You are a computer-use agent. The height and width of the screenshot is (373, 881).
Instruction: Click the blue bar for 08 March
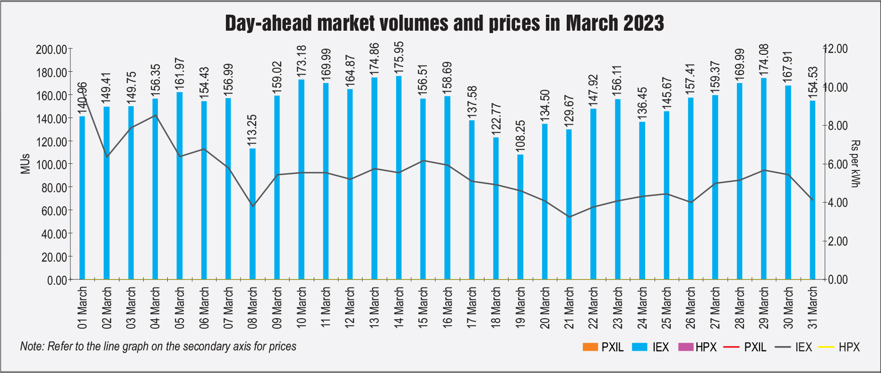point(252,214)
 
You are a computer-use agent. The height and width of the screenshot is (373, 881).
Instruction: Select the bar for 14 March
point(398,178)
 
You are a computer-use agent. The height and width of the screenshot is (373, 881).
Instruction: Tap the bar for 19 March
point(520,217)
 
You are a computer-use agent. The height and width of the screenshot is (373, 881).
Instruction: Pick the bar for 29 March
point(764,179)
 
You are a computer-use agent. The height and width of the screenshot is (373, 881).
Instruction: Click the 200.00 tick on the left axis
point(51,49)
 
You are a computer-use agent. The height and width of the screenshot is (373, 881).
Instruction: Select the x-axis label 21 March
point(570,307)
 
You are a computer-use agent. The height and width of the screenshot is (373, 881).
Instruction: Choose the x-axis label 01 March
point(82,307)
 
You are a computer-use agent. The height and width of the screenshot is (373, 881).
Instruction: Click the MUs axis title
point(25,164)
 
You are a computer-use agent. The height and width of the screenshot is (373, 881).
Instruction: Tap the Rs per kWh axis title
point(855,164)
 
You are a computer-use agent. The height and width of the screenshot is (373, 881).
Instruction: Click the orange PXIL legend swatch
point(590,347)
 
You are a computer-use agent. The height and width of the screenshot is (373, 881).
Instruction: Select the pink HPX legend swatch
point(686,347)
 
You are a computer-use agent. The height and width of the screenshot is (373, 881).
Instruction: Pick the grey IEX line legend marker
point(783,348)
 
